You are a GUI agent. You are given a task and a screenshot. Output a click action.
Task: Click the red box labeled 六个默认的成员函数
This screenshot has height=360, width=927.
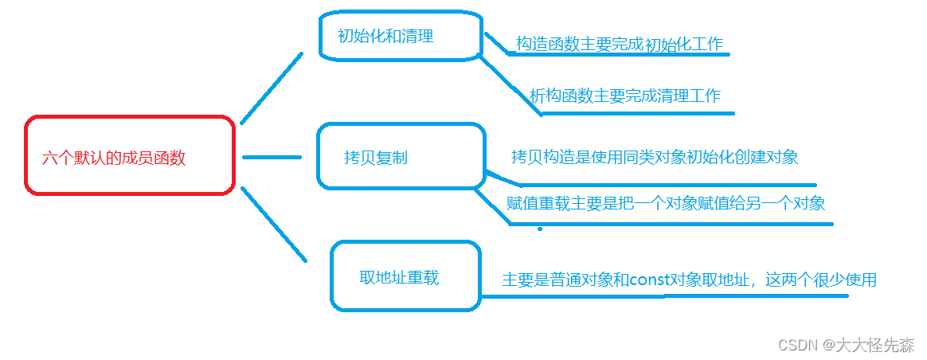click(x=130, y=156)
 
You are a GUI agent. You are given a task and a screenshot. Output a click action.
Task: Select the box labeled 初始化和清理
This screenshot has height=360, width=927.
click(x=401, y=36)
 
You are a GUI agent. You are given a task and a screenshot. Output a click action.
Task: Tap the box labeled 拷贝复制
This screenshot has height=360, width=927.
click(x=400, y=157)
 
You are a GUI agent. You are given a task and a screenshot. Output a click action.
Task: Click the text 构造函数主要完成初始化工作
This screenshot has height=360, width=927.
click(x=619, y=45)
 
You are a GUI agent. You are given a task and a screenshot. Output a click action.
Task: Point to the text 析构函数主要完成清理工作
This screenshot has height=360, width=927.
click(x=625, y=96)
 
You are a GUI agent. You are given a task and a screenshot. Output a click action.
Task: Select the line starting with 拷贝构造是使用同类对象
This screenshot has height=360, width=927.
click(x=654, y=156)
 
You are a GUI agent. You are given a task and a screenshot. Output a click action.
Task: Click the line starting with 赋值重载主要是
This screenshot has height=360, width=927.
click(x=666, y=203)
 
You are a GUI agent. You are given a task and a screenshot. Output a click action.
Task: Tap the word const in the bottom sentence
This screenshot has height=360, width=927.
click(x=647, y=280)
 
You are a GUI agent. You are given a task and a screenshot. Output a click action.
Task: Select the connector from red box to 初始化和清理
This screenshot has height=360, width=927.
click(x=271, y=88)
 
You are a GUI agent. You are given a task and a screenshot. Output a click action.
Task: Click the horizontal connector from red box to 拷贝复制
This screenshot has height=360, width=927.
click(x=271, y=157)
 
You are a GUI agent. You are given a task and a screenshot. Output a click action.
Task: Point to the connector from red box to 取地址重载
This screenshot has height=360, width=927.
click(x=273, y=225)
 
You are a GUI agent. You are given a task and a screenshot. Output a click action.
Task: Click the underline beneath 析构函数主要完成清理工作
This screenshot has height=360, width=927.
click(x=637, y=113)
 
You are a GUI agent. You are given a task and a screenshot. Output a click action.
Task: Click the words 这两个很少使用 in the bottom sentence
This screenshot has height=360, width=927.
click(x=820, y=280)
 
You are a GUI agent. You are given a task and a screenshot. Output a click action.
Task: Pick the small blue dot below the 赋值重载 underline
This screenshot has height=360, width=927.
click(x=540, y=229)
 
